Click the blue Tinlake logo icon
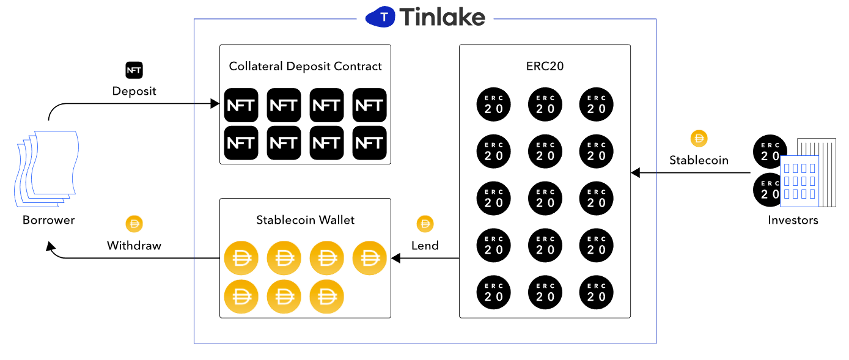coord(382,17)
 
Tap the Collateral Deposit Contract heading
coord(305,66)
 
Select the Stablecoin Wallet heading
coord(305,219)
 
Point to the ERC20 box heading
coord(545,66)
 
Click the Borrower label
coord(48,219)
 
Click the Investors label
coord(793,219)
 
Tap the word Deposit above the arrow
coord(134,91)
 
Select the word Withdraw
coord(134,246)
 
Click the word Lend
coord(425,246)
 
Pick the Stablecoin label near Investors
coord(699,161)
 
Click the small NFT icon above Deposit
coord(134,70)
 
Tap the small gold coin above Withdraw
coord(134,224)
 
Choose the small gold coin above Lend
coord(425,224)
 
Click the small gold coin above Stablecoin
coord(699,139)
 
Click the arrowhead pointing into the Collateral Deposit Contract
coord(215,104)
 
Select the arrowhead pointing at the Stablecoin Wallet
coord(395,259)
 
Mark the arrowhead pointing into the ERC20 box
coord(635,173)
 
